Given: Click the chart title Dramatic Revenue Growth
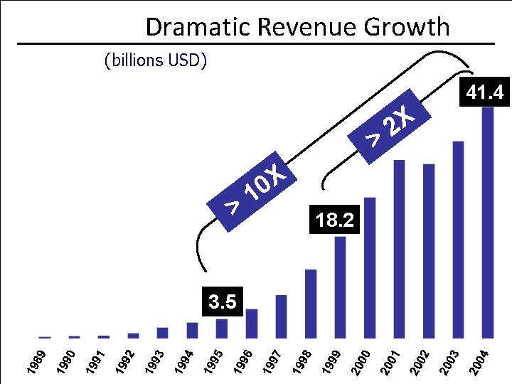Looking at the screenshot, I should click(297, 27).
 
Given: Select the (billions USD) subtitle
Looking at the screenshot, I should click(155, 60).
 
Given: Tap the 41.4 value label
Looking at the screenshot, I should click(484, 92).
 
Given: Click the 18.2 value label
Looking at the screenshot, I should click(335, 220).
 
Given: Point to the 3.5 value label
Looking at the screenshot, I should click(222, 302).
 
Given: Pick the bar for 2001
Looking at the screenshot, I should click(399, 249).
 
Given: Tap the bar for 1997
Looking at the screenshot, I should click(281, 316).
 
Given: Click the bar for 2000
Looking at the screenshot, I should click(370, 267).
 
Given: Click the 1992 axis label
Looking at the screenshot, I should click(127, 361).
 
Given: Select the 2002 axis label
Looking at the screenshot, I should click(422, 361).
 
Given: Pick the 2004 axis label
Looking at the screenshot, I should click(481, 361).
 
